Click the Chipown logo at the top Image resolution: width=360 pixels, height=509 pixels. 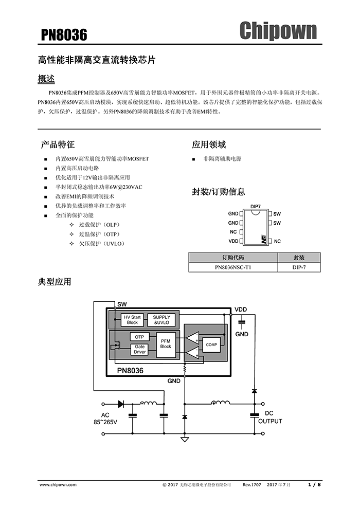click(278, 30)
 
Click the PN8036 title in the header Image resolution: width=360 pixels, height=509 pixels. click(64, 34)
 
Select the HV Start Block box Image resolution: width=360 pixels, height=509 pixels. click(132, 320)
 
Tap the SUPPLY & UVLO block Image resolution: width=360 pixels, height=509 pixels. click(161, 320)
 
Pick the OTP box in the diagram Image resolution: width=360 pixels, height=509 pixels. click(139, 337)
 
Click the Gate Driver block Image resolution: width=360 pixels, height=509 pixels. click(140, 350)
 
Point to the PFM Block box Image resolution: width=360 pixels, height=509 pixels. click(166, 343)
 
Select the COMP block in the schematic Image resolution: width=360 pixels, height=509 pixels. click(211, 344)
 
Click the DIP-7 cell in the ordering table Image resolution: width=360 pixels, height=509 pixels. click(299, 267)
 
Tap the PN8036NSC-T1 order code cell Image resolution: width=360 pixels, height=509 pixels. click(233, 267)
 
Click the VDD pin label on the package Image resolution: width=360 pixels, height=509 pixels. click(233, 241)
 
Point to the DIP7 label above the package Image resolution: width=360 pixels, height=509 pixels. click(256, 206)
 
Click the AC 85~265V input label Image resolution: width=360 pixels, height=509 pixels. click(105, 418)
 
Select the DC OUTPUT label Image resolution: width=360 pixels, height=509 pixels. click(270, 417)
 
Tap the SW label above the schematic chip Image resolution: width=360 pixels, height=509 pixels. click(122, 304)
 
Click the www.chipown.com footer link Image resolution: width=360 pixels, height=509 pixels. click(58, 484)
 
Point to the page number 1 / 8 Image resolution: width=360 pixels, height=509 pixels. click(314, 484)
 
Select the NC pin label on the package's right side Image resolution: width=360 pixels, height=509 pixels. click(277, 241)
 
